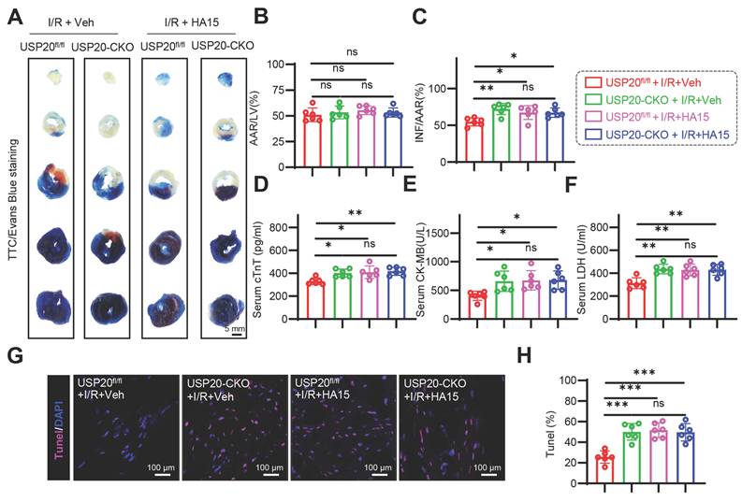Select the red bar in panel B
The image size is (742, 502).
coord(313,140)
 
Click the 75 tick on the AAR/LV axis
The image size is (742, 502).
coord(279,91)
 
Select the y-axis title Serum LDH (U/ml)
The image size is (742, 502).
coord(582,269)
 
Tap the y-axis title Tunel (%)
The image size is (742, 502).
coord(551,434)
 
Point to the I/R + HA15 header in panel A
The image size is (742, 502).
coord(191,22)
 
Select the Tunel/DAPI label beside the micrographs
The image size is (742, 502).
coord(60,428)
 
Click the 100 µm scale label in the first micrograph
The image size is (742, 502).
coord(161,467)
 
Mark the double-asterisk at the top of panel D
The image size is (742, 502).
coord(355,213)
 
